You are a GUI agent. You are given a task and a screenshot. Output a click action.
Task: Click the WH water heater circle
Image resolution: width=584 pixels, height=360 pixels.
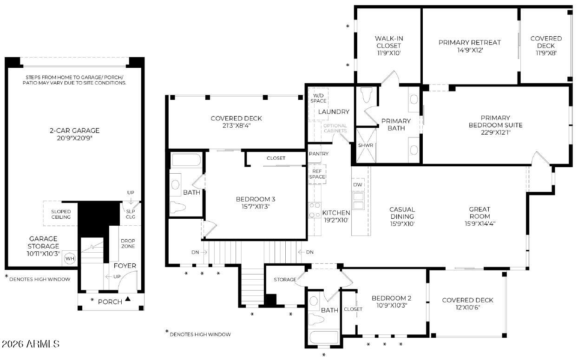70,259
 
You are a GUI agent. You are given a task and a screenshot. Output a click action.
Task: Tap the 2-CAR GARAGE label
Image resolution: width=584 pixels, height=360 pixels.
74,131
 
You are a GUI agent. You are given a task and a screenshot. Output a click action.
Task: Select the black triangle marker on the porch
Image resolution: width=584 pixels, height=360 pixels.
128,299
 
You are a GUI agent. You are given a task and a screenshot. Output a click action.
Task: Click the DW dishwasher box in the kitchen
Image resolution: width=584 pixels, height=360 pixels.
358,184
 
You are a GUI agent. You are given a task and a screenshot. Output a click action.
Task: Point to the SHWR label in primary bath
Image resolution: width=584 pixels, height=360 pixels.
366,145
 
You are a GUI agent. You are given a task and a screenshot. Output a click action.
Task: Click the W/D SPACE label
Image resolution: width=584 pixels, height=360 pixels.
318,98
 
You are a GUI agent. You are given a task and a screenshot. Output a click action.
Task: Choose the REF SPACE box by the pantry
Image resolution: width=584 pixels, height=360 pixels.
317,174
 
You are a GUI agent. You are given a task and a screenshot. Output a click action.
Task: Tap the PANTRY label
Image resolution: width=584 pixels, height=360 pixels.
319,154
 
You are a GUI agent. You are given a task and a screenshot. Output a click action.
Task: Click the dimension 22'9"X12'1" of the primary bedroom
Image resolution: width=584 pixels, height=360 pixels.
496,132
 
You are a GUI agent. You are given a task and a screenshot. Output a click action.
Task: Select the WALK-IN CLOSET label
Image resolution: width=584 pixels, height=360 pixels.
389,42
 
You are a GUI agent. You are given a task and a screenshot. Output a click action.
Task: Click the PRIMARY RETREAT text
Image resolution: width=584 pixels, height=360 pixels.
470,42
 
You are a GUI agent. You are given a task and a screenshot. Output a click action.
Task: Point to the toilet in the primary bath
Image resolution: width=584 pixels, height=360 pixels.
367,95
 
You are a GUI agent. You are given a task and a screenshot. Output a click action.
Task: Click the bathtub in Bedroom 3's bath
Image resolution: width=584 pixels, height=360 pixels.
186,159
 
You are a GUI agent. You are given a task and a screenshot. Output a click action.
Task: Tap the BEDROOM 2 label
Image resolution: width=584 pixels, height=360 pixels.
391,298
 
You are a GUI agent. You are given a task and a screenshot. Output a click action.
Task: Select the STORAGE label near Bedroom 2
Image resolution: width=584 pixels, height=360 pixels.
285,280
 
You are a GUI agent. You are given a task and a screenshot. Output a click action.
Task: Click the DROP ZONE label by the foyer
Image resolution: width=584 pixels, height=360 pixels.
128,243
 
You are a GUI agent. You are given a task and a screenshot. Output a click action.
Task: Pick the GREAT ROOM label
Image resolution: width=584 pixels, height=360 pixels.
479,213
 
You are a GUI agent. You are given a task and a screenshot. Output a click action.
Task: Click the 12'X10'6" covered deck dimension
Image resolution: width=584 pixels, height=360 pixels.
468,308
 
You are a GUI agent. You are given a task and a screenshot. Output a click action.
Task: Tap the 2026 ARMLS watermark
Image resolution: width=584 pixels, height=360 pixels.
31,344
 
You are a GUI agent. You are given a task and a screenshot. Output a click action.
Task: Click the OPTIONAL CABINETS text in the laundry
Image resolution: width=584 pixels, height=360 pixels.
335,128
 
